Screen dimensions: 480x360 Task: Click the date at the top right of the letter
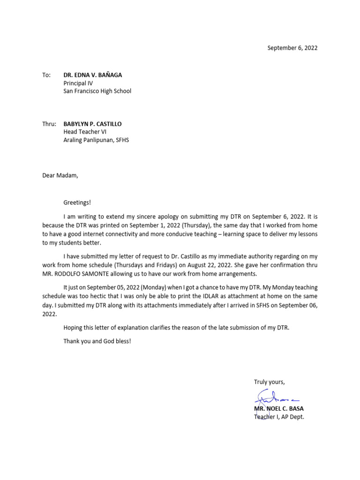(x=292, y=48)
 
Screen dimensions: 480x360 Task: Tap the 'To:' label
(x=46, y=75)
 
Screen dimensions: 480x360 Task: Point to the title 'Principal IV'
(x=78, y=83)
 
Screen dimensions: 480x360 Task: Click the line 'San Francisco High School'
(x=97, y=91)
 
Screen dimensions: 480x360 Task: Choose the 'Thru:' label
(x=49, y=124)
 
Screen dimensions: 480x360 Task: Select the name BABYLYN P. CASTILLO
(x=92, y=124)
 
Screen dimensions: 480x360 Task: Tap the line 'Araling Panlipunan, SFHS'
(x=96, y=140)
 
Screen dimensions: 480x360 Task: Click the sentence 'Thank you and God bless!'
(x=97, y=341)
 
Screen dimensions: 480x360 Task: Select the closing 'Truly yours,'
(x=269, y=382)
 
